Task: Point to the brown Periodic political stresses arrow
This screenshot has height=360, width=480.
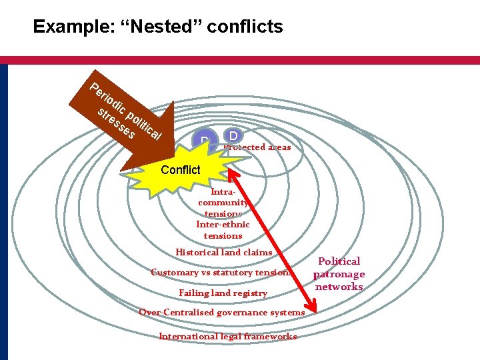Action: click(127, 117)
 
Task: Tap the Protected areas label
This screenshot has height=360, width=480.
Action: click(258, 147)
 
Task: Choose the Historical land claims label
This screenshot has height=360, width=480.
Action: click(223, 252)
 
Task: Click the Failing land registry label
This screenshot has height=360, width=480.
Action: click(223, 293)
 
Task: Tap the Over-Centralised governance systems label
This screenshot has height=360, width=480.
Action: click(221, 313)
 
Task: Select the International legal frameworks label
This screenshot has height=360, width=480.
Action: click(227, 336)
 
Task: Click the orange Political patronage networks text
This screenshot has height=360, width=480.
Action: click(339, 274)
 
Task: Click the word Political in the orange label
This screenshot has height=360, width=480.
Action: click(339, 261)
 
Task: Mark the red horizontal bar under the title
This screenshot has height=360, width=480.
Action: click(240, 60)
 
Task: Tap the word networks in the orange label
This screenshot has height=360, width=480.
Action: click(339, 287)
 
